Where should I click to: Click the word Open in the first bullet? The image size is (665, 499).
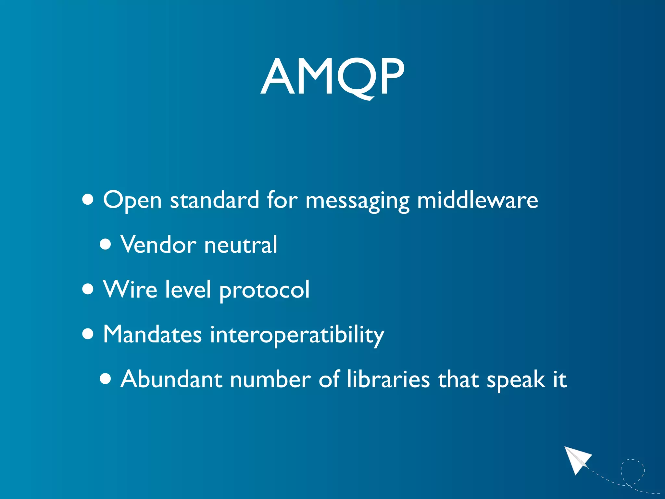132,200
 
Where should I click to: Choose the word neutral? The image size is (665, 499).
241,245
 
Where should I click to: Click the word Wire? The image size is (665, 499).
130,289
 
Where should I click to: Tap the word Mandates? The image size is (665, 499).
152,334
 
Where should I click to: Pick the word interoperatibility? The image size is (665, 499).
297,335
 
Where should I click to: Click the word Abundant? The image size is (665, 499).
171,379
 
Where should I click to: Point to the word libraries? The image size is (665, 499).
388,379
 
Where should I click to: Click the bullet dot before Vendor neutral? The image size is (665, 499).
105,244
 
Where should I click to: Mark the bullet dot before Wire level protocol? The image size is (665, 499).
88,289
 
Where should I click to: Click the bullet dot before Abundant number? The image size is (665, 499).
105,378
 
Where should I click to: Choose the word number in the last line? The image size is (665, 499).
270,379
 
